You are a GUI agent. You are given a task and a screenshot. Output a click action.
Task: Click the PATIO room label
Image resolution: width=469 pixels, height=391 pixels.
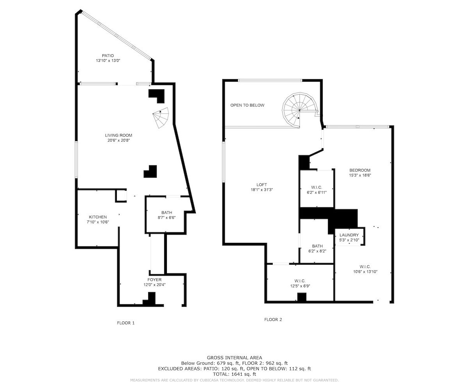(x=108, y=56)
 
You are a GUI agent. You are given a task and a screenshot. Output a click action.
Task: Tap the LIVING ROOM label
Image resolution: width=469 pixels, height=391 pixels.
(x=118, y=135)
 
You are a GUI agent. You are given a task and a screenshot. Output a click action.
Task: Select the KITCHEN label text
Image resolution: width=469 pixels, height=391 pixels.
(x=98, y=217)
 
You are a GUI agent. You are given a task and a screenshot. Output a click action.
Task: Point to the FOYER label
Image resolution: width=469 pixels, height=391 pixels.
(x=154, y=280)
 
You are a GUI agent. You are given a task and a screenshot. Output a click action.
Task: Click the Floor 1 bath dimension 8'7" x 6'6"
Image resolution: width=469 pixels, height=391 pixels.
(x=166, y=217)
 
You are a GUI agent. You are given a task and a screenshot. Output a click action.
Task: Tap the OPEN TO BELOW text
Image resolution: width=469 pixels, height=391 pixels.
(x=247, y=105)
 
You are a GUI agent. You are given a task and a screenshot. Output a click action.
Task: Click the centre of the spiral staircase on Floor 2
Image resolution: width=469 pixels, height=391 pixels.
(x=300, y=110)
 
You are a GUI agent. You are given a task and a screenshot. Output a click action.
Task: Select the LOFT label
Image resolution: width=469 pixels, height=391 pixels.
(x=262, y=185)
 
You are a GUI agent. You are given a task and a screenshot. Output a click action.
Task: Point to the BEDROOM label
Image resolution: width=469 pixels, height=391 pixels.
(x=360, y=170)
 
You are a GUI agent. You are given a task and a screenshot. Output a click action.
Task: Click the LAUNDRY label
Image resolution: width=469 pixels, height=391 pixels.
(x=349, y=235)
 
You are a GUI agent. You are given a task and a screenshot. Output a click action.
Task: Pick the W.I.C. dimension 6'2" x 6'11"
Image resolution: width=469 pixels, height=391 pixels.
(x=317, y=192)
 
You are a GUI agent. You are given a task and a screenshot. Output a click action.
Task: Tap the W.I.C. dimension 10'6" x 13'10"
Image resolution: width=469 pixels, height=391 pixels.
(x=365, y=272)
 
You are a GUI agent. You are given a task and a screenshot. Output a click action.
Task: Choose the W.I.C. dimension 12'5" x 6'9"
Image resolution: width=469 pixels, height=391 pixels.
(x=300, y=286)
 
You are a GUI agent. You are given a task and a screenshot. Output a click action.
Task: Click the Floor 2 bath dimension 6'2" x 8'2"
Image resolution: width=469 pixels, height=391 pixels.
(x=317, y=251)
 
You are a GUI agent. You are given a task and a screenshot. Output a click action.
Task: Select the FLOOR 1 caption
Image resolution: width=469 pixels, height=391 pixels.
(x=126, y=323)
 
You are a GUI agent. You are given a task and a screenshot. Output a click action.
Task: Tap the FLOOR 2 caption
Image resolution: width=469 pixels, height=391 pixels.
(x=273, y=319)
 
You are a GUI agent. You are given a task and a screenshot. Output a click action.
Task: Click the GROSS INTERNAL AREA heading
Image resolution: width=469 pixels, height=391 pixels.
(x=234, y=358)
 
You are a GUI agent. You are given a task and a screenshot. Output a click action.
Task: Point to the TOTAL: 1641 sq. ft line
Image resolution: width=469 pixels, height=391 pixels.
(x=234, y=374)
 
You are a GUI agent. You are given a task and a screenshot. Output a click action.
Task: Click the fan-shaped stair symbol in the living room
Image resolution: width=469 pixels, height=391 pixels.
(x=161, y=118)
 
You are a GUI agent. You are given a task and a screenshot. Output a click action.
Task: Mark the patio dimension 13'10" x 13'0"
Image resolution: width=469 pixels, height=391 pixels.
(x=108, y=61)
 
